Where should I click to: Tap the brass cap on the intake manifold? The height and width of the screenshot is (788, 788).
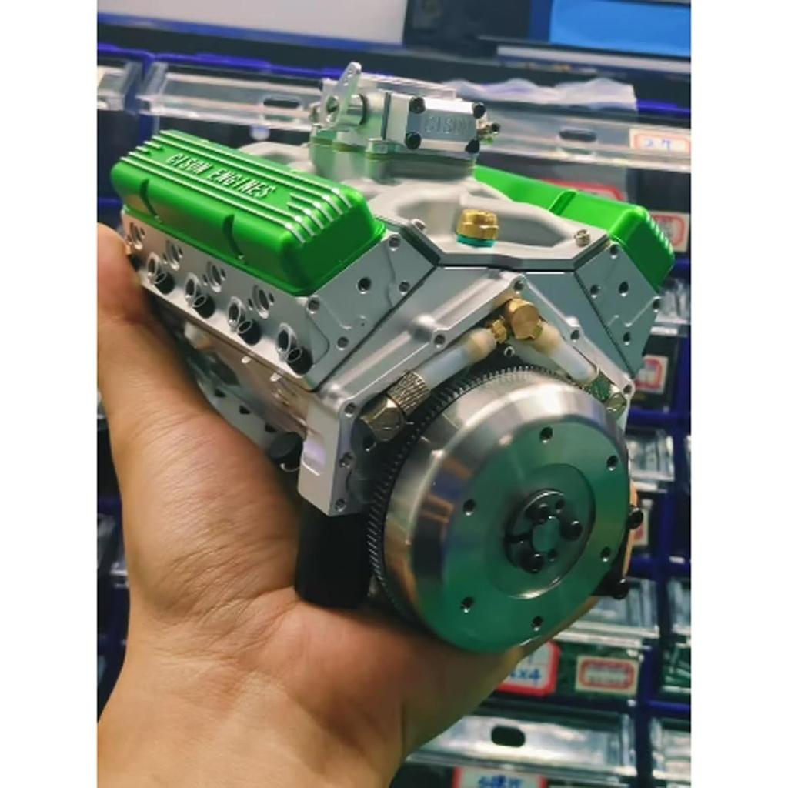pos(478,225)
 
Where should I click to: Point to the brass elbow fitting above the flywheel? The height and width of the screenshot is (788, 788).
pos(522,318)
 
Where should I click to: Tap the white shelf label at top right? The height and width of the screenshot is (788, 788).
pos(658,140)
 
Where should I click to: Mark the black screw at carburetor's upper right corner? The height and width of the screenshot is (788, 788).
pos(478,110)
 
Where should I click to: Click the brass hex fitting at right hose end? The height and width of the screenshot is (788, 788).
pos(615,398)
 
